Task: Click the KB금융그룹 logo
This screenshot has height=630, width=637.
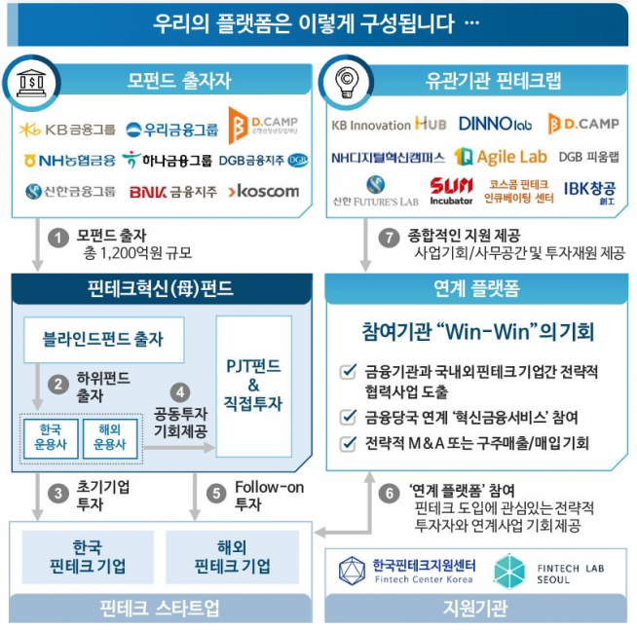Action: (x=67, y=130)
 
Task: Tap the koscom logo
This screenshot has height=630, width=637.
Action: (x=264, y=191)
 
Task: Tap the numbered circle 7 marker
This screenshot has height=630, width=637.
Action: (x=390, y=236)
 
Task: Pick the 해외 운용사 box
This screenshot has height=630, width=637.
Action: (x=110, y=437)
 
